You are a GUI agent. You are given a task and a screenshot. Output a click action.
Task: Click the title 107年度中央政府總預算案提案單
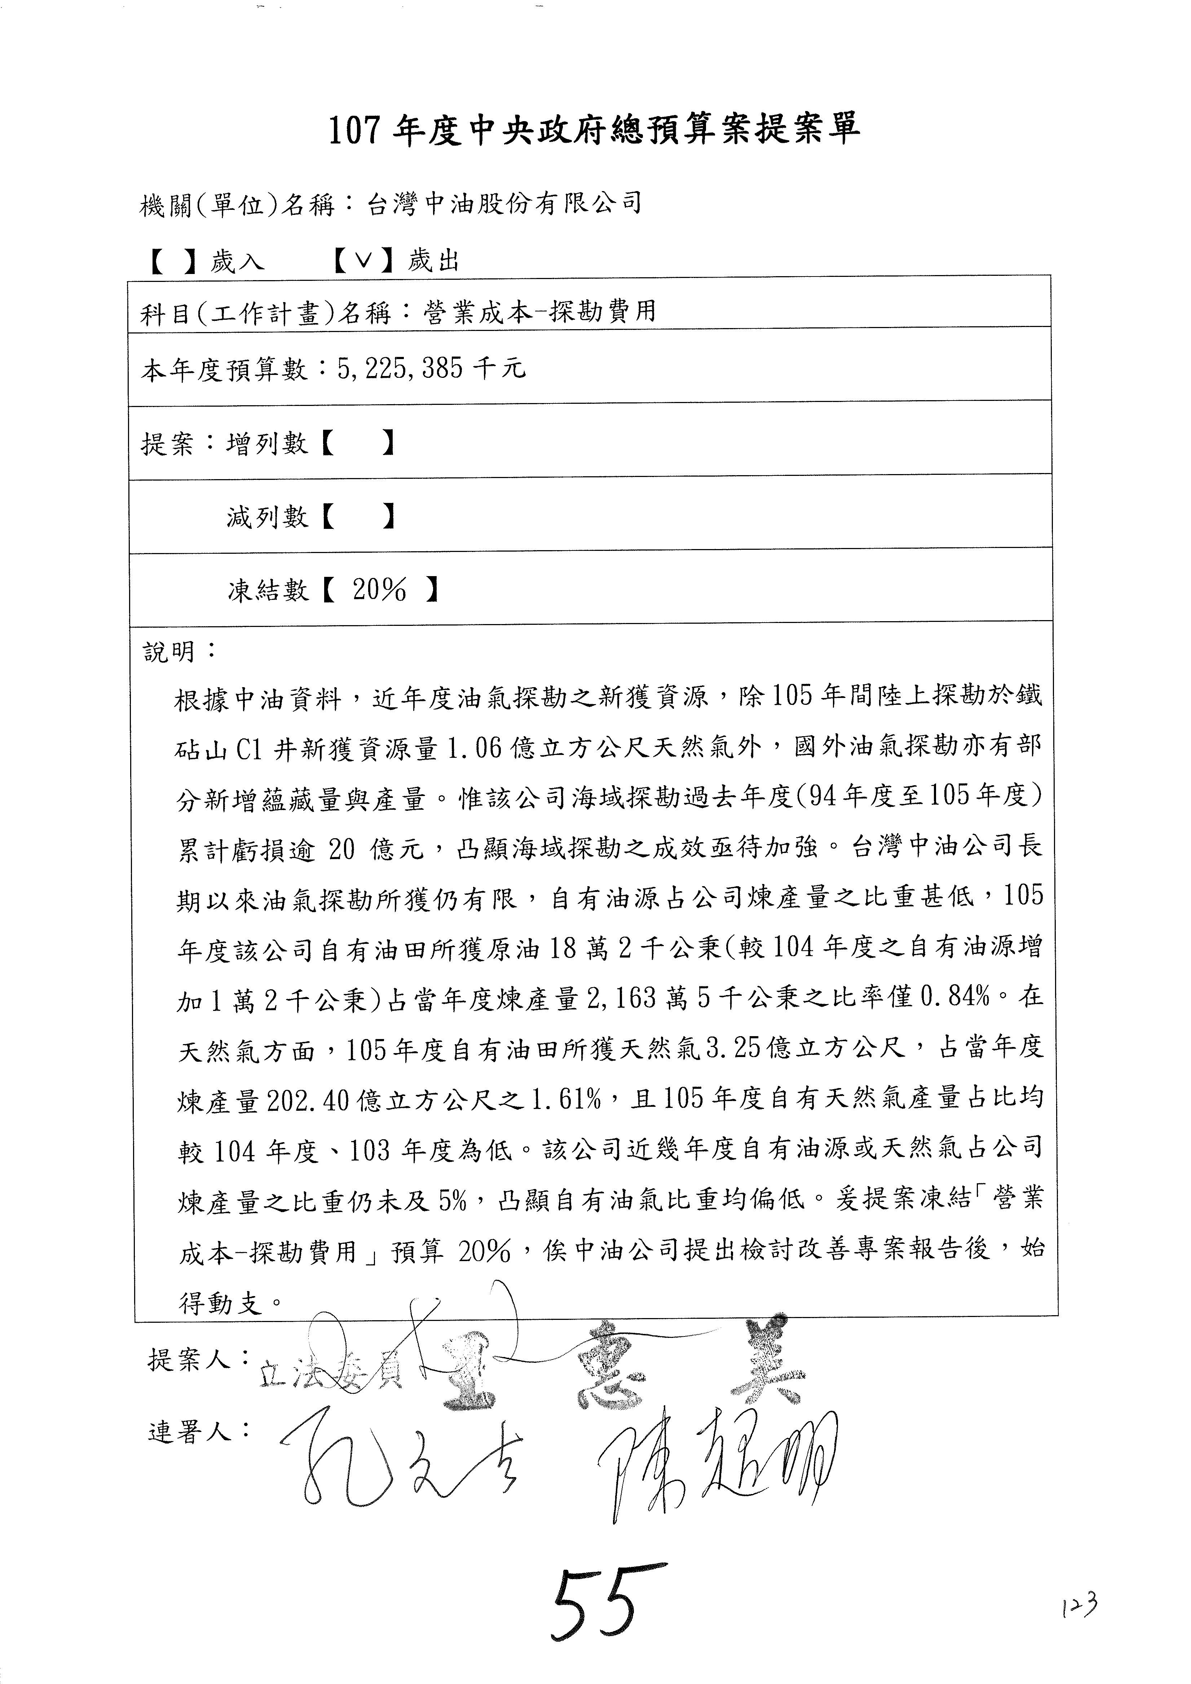pyautogui.click(x=594, y=130)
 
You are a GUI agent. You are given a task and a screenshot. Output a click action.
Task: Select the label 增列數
pyautogui.click(x=267, y=443)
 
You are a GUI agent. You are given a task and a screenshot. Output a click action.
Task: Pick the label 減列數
pyautogui.click(x=267, y=517)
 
